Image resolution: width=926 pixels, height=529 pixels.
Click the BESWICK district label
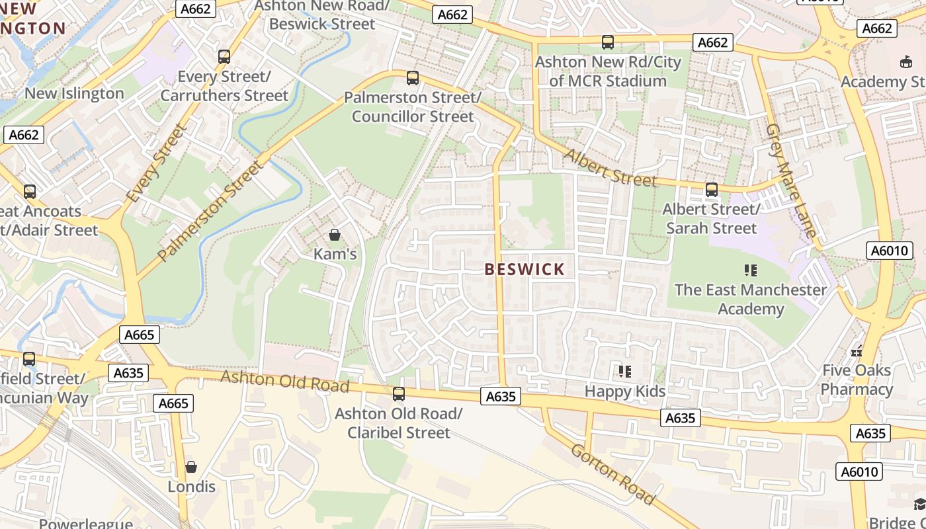(525, 269)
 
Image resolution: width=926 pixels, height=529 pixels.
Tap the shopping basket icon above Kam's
(335, 235)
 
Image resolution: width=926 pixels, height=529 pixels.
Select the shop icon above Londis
(191, 467)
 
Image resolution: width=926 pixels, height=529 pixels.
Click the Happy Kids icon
(624, 372)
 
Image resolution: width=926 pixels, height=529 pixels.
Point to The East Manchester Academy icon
(750, 270)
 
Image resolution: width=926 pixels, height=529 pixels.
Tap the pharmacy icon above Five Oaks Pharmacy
(857, 351)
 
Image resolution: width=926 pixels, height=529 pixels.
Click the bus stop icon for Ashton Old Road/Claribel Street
(398, 394)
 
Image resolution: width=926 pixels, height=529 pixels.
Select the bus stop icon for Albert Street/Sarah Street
(711, 190)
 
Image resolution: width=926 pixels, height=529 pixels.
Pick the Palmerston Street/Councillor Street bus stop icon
(413, 78)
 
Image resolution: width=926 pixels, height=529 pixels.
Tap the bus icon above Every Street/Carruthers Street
(224, 57)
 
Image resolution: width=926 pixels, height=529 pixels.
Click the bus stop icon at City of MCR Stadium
(607, 42)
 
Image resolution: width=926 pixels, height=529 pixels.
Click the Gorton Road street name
(612, 474)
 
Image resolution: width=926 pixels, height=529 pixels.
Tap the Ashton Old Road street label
(284, 381)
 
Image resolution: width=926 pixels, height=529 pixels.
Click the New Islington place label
(74, 93)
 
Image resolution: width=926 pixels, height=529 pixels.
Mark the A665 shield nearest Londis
(174, 403)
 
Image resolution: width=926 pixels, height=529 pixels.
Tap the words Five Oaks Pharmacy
(857, 380)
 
